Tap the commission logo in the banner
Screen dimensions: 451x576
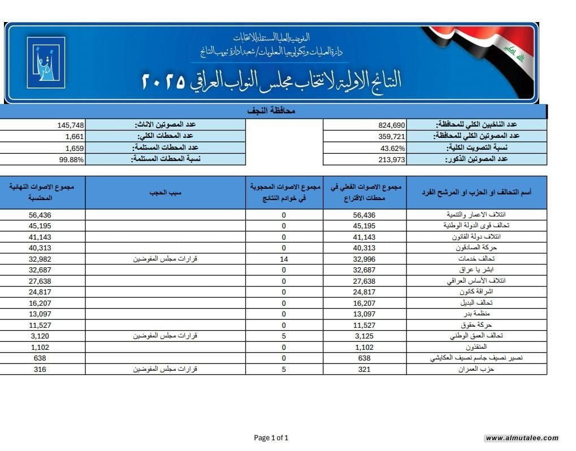coord(46,62)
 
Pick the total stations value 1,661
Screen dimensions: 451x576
coord(75,136)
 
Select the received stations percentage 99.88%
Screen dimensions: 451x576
coord(72,159)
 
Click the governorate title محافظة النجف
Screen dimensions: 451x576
coord(272,111)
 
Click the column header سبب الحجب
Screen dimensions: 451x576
coord(165,192)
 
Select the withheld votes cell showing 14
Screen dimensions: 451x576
coord(284,259)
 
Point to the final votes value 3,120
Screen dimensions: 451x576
coord(43,336)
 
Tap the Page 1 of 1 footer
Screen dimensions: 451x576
coord(271,437)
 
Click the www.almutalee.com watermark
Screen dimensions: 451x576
coord(522,438)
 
